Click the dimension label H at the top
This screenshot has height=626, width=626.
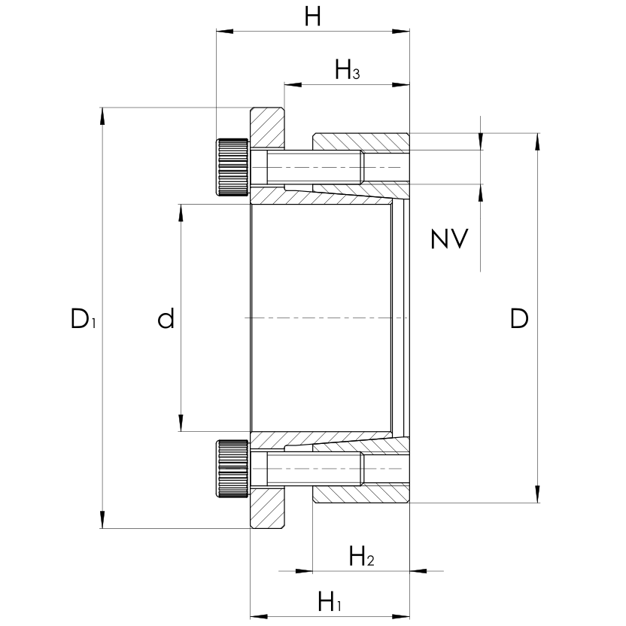tap(312, 17)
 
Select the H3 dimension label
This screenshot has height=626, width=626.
tap(347, 71)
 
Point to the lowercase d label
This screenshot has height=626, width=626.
tap(166, 319)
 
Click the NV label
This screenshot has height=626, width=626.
tap(449, 239)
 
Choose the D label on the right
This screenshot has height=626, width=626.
tap(519, 319)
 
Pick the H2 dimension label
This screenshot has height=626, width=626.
tap(361, 558)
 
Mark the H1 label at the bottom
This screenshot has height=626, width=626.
tap(330, 602)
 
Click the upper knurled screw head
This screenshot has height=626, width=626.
tap(233, 168)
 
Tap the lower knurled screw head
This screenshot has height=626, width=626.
tap(233, 468)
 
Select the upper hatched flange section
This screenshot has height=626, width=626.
tap(268, 128)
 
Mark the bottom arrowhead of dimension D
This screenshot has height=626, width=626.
tap(537, 496)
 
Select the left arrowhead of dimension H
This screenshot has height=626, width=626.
tap(223, 32)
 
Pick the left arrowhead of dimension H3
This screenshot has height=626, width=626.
tap(290, 84)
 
